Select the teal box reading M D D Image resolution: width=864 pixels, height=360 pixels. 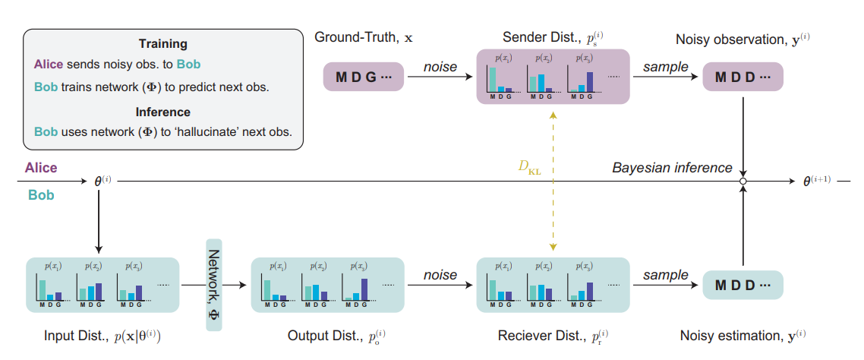tap(742, 286)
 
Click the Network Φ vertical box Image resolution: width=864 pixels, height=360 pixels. tap(214, 283)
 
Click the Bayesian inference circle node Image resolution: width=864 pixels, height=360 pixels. tap(744, 182)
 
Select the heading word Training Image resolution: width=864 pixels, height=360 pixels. tap(162, 44)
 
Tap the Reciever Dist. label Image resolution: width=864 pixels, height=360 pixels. tap(552, 335)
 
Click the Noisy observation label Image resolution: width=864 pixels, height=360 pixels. tap(742, 37)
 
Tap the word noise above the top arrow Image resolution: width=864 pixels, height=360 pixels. tap(440, 66)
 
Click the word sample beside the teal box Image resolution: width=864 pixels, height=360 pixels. tap(666, 274)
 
